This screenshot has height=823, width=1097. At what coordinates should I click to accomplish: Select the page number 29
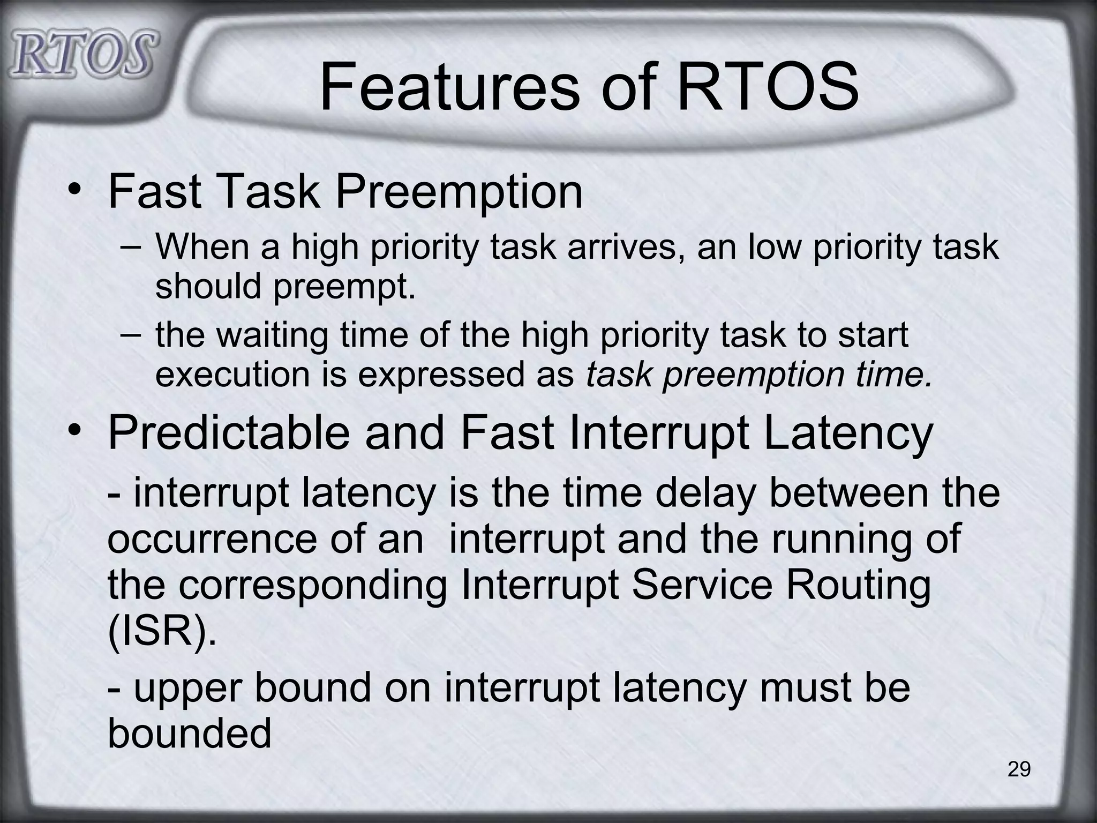click(x=1019, y=769)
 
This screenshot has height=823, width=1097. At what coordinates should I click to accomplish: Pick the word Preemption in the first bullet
click(x=459, y=193)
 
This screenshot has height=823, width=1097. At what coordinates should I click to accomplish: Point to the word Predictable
click(x=228, y=433)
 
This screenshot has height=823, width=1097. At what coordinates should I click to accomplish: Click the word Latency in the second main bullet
click(x=848, y=433)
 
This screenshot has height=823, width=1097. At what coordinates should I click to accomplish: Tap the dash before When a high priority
click(x=131, y=248)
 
